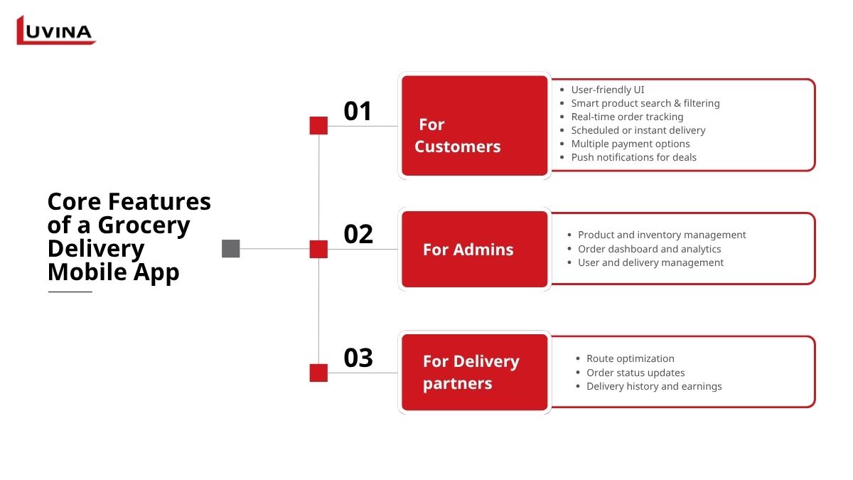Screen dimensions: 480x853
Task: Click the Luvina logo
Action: pyautogui.click(x=55, y=31)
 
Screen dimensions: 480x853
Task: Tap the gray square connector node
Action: pyautogui.click(x=231, y=249)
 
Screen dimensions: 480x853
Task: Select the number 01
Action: pyautogui.click(x=358, y=112)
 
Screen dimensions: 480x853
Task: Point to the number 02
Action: pyautogui.click(x=358, y=234)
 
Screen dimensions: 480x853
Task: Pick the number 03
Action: pyautogui.click(x=358, y=358)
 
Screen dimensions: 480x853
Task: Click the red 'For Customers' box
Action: pyautogui.click(x=475, y=126)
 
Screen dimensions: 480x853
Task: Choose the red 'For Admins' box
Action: pyautogui.click(x=475, y=250)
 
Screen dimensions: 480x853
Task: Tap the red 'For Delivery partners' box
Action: pyautogui.click(x=475, y=373)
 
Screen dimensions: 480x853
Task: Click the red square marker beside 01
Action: pyautogui.click(x=318, y=126)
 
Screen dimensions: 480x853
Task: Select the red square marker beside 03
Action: pyautogui.click(x=318, y=373)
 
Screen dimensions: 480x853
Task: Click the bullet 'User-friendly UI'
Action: pyautogui.click(x=608, y=90)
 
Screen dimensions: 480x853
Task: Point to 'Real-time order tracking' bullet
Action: pyautogui.click(x=627, y=117)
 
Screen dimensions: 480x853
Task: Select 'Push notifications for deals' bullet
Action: pyautogui.click(x=633, y=157)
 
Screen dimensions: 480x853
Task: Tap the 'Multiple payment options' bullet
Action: pyautogui.click(x=631, y=144)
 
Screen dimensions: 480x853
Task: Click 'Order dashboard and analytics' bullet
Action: pyautogui.click(x=649, y=249)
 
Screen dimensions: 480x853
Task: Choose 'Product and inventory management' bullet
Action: pyautogui.click(x=662, y=235)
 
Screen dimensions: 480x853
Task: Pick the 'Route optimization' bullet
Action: pyautogui.click(x=630, y=358)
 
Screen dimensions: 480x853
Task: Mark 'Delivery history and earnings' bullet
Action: pyautogui.click(x=654, y=386)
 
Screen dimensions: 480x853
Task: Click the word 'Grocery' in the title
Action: pyautogui.click(x=144, y=225)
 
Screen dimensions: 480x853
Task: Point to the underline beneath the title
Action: pyautogui.click(x=70, y=292)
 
